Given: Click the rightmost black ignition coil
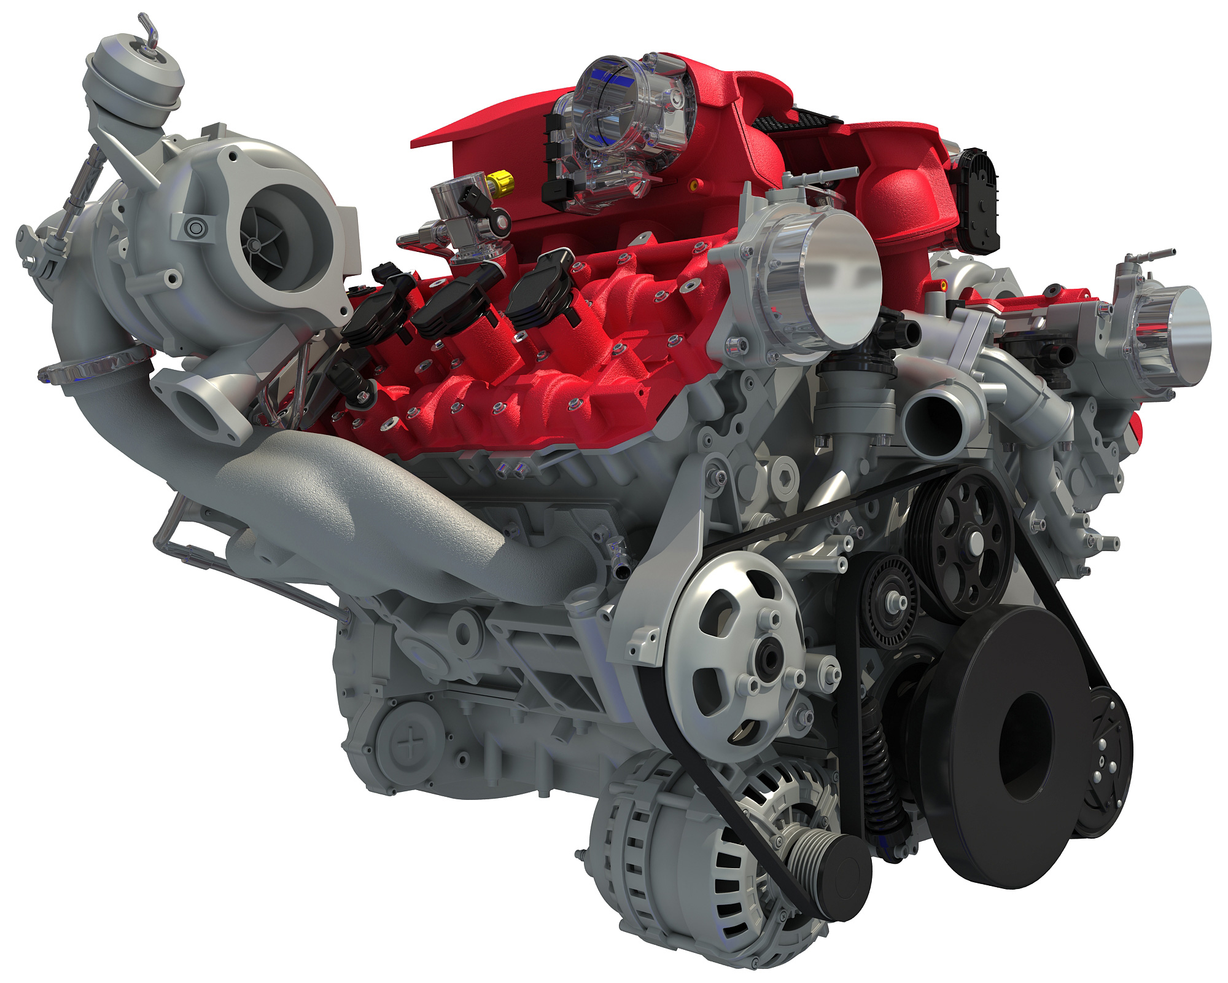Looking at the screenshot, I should pyautogui.click(x=540, y=295).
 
